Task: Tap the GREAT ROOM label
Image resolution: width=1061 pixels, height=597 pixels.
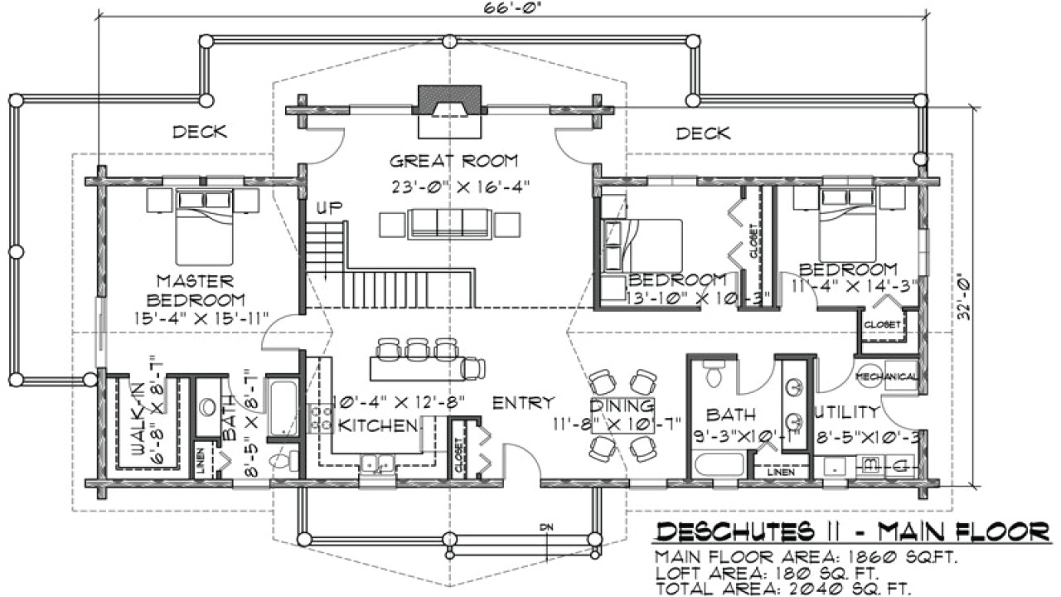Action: pyautogui.click(x=453, y=160)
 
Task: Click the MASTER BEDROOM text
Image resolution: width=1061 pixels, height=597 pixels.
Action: pyautogui.click(x=195, y=290)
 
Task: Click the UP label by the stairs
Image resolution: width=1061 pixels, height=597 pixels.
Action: pyautogui.click(x=329, y=206)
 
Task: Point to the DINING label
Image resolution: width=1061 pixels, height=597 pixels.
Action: pyautogui.click(x=622, y=406)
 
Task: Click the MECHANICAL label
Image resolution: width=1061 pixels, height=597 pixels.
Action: pyautogui.click(x=887, y=376)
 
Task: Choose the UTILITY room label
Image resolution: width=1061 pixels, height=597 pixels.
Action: pyautogui.click(x=845, y=411)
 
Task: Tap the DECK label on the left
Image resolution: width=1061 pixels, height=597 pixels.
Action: pyautogui.click(x=199, y=131)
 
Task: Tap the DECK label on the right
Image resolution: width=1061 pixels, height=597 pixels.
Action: pyautogui.click(x=703, y=133)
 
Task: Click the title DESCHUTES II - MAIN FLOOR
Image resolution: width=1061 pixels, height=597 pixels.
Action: pyautogui.click(x=853, y=530)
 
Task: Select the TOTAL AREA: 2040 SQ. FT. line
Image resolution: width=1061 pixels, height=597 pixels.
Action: pyautogui.click(x=783, y=588)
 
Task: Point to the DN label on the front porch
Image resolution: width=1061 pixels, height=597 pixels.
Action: pyautogui.click(x=545, y=527)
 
